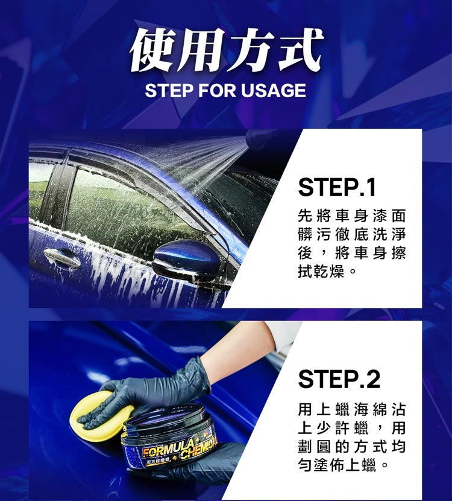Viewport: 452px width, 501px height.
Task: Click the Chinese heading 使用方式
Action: point(226,50)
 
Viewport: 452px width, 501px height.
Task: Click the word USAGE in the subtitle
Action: point(274,90)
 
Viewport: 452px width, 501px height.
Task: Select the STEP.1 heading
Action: point(337,187)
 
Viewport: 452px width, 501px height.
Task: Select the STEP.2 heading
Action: point(339,379)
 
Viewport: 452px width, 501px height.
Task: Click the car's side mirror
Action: point(187,260)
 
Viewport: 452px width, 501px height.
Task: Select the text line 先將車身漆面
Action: point(352,215)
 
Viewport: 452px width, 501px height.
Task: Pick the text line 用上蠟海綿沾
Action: point(352,409)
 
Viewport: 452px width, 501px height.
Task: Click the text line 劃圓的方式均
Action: point(352,446)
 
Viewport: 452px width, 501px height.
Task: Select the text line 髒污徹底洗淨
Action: point(352,235)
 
